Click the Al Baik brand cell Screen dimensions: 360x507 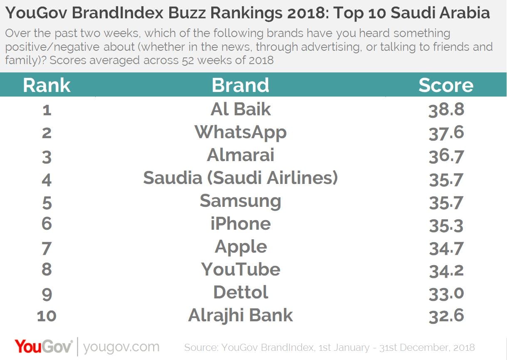(240, 109)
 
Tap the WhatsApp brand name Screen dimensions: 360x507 (240, 132)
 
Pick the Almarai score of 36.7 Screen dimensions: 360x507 (446, 156)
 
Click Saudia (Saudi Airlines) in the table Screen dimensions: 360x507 (240, 178)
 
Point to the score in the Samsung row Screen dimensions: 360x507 (446, 203)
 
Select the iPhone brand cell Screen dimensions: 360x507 (240, 224)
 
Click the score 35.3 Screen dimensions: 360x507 (446, 226)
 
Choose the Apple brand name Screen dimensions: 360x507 (240, 247)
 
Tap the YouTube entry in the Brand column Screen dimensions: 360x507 (240, 269)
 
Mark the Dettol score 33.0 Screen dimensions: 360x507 (446, 293)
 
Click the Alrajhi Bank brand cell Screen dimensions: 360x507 (240, 315)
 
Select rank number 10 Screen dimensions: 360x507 (47, 316)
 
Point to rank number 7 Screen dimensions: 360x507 (47, 248)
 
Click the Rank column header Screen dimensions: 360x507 (47, 85)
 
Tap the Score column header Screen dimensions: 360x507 (446, 85)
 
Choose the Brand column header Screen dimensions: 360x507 (240, 85)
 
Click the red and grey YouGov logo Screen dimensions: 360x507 (44, 346)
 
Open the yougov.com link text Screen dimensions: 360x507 (121, 347)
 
